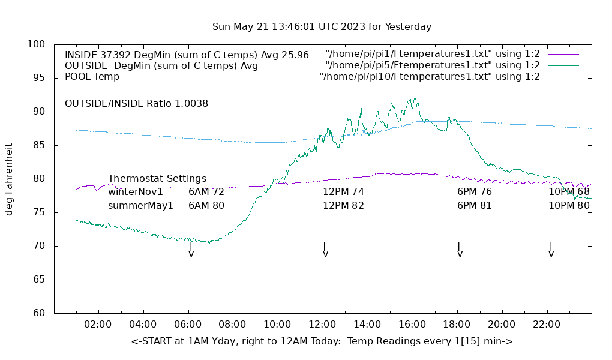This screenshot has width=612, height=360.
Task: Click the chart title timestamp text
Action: (x=322, y=27)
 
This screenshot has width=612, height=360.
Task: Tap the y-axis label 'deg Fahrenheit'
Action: (x=9, y=179)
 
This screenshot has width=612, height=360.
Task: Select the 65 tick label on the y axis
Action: (x=39, y=280)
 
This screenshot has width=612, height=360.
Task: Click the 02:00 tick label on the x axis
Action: (x=98, y=325)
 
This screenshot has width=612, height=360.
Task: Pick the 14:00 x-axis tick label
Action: (x=367, y=325)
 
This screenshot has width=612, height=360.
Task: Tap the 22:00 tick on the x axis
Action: (x=547, y=325)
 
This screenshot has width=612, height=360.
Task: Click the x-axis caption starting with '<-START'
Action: (x=322, y=341)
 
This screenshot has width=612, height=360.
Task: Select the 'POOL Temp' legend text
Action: (x=92, y=76)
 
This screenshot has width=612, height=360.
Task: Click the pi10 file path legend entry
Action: (x=430, y=76)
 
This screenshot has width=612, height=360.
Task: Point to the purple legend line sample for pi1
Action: (x=563, y=55)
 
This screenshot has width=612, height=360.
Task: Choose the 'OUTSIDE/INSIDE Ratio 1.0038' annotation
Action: (x=136, y=103)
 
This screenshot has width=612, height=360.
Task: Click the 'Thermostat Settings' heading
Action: (x=157, y=178)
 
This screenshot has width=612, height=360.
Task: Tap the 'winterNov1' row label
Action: (x=136, y=192)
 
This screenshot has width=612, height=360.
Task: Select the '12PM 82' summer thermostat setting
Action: (x=344, y=205)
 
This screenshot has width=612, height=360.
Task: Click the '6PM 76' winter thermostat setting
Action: (x=475, y=192)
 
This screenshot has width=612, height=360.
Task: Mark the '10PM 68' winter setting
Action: (x=569, y=192)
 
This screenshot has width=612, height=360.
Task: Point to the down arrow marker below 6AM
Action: (x=191, y=249)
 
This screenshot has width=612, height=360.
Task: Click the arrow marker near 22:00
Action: (x=551, y=249)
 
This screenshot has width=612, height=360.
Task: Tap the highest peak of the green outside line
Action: (x=414, y=99)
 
